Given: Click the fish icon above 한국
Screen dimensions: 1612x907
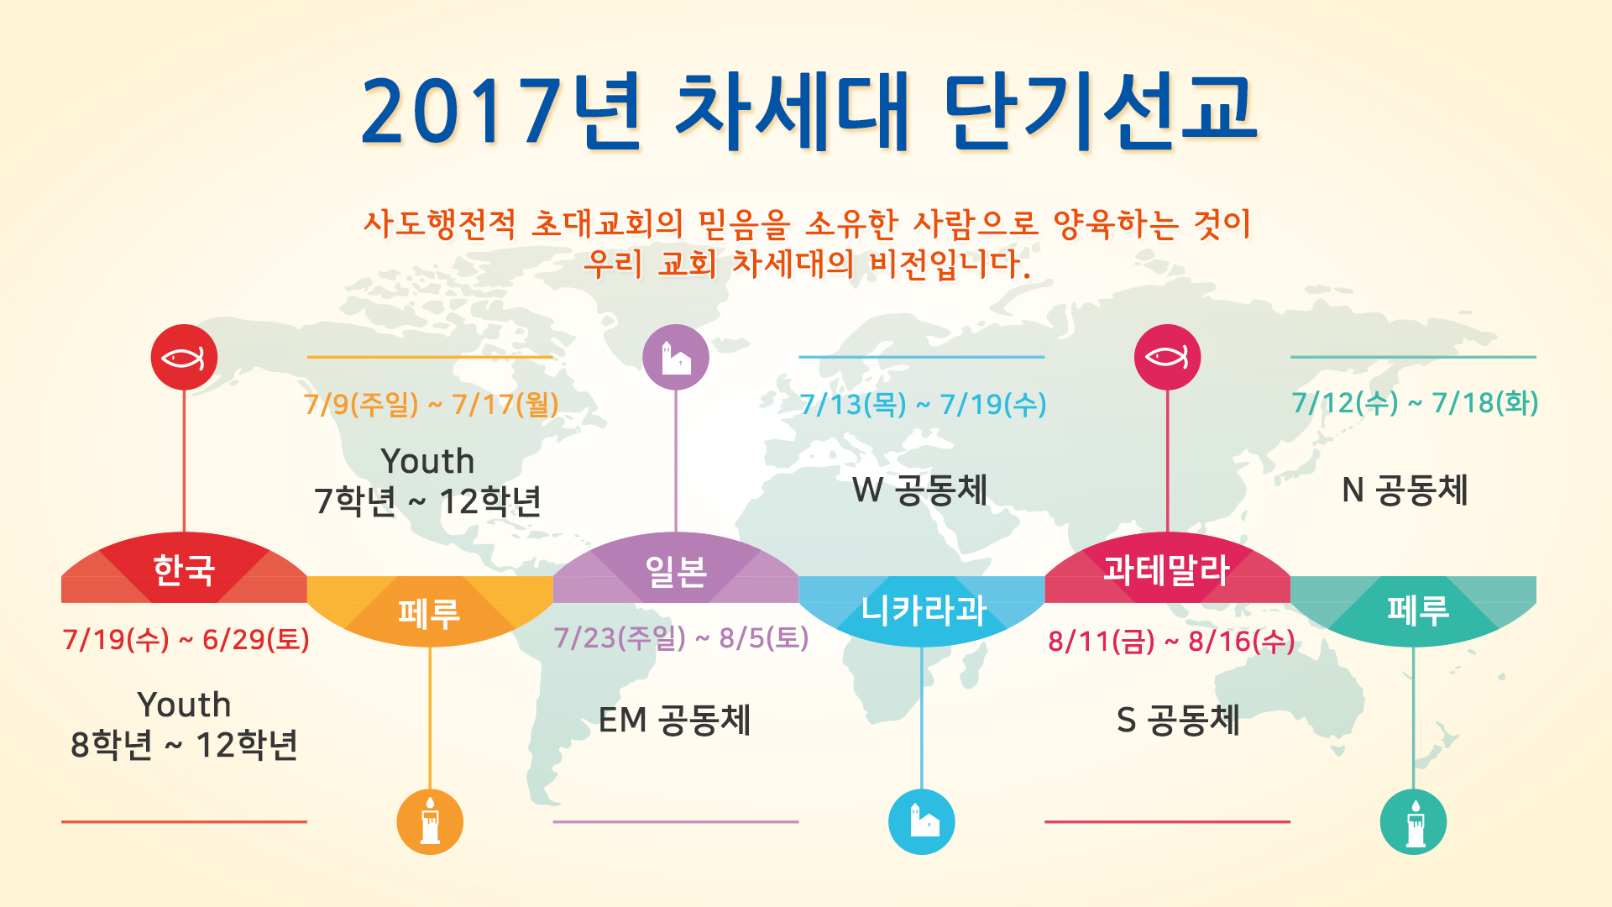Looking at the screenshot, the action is coord(184,358).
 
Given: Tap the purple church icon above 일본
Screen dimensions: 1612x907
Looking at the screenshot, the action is coord(676,358).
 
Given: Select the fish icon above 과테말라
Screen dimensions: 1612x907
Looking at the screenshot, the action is coord(1167,358).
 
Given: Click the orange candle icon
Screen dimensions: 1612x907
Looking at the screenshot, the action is coord(430,821).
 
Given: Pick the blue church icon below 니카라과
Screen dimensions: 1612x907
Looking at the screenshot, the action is coord(922,821).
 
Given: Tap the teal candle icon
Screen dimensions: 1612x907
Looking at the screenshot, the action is coord(1414,821).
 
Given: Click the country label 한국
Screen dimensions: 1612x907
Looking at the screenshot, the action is coord(184,570).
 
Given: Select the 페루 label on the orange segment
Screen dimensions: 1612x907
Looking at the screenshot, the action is coord(429,613).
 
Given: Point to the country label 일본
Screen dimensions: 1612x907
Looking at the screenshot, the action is coord(676,572).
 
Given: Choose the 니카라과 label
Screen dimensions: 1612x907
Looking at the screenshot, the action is coord(924,610).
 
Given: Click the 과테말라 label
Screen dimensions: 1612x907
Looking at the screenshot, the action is coord(1167,570).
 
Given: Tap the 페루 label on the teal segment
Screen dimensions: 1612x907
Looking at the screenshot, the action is coord(1418,610).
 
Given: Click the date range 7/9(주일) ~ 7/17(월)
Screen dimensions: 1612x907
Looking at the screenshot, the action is coord(432,405).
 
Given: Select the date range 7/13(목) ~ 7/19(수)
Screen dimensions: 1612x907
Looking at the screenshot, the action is coord(923,405).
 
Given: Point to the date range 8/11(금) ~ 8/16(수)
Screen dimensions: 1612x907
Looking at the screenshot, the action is coord(1171,642).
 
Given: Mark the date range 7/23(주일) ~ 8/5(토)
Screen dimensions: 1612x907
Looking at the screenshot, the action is coord(681,638).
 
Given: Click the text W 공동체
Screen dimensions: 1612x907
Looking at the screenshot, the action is coord(919,490).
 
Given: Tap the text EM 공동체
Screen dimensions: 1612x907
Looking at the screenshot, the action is coord(674,721).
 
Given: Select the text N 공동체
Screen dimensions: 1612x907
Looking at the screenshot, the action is coord(1405,490).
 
